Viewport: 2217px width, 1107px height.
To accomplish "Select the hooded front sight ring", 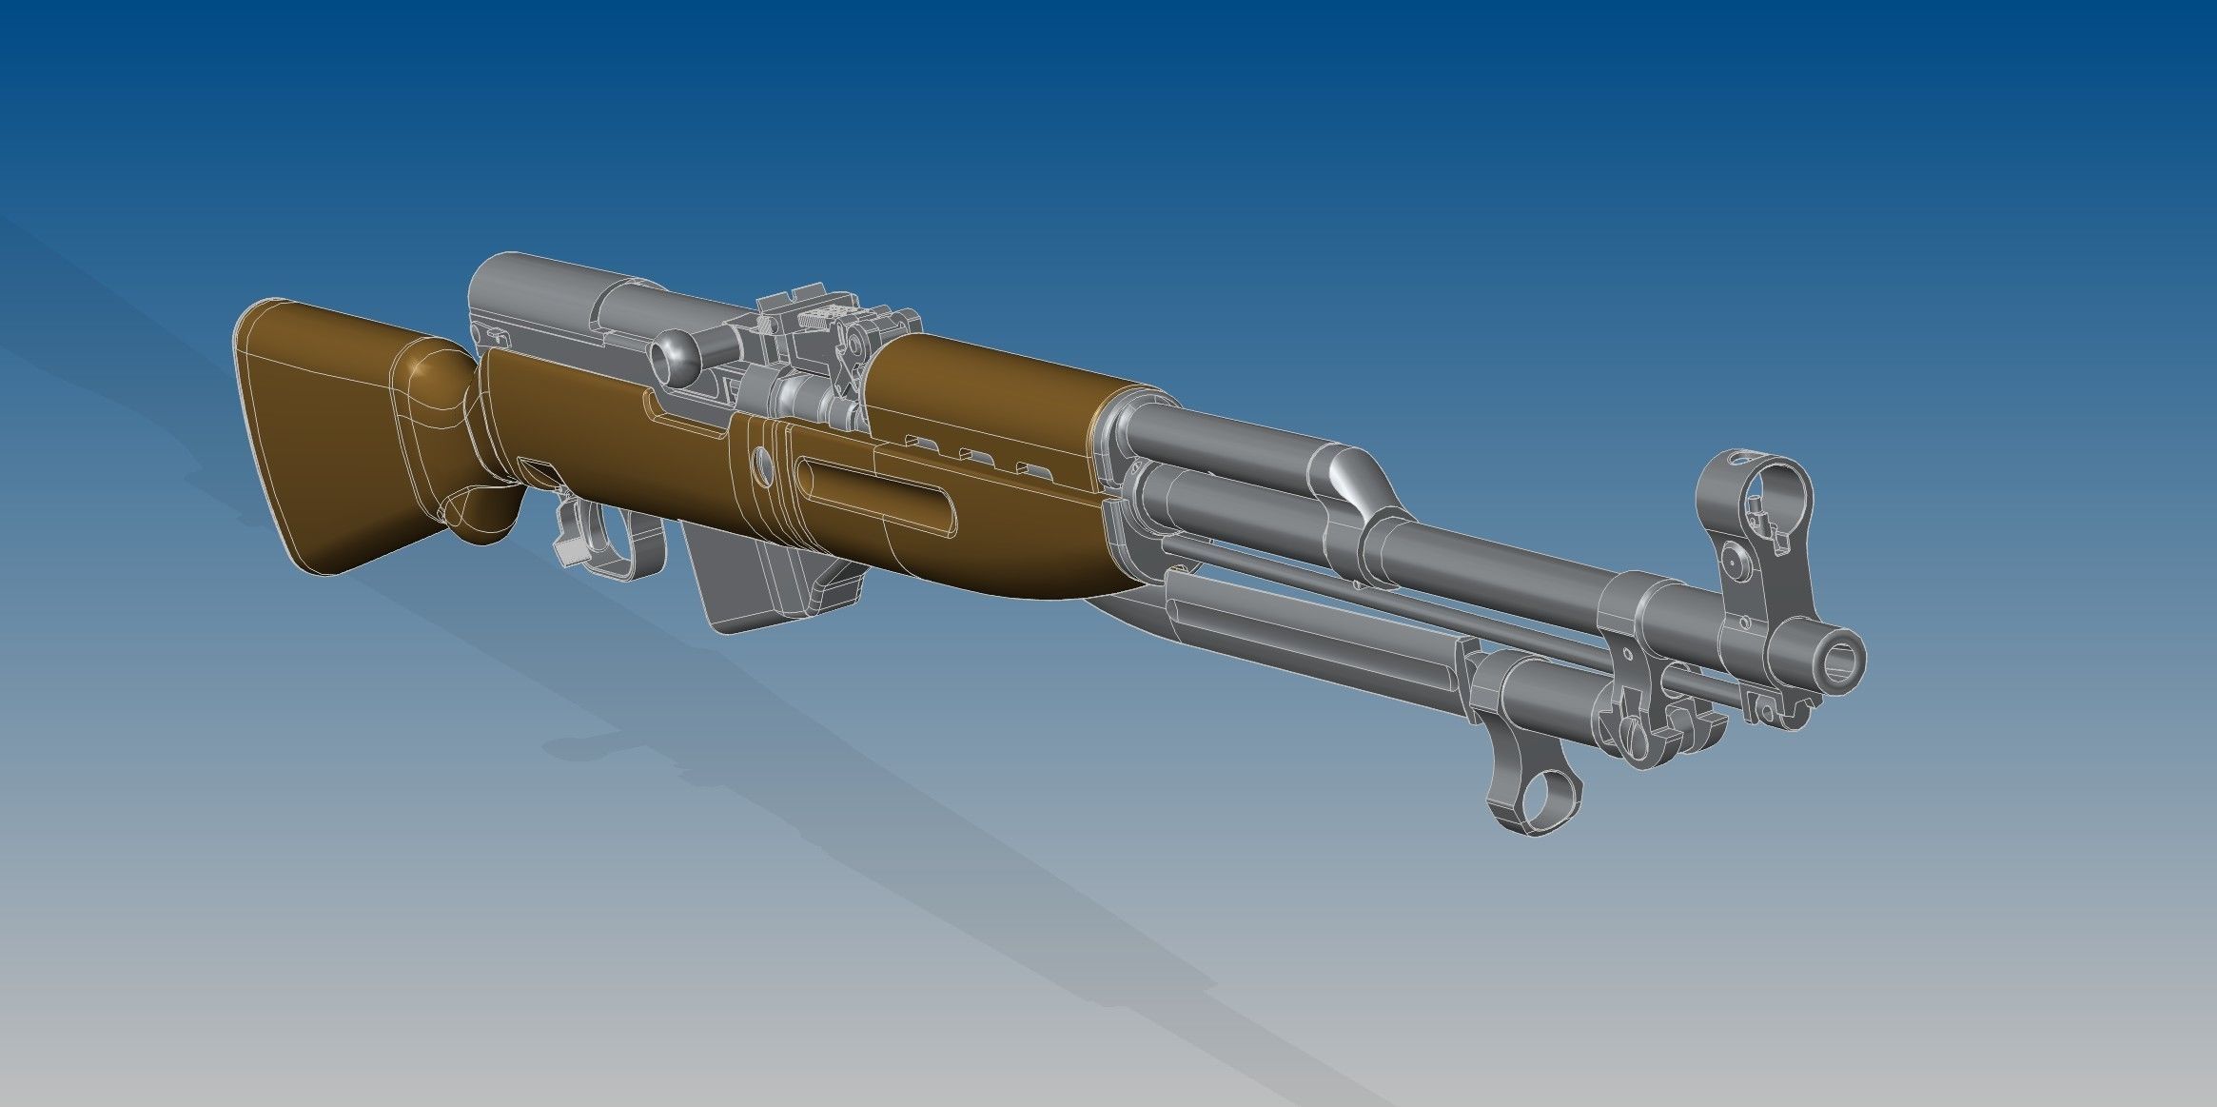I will click(x=1753, y=486).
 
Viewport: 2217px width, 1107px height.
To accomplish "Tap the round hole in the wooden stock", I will click(x=762, y=465).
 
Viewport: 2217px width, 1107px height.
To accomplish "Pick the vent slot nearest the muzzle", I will click(x=1026, y=467).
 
